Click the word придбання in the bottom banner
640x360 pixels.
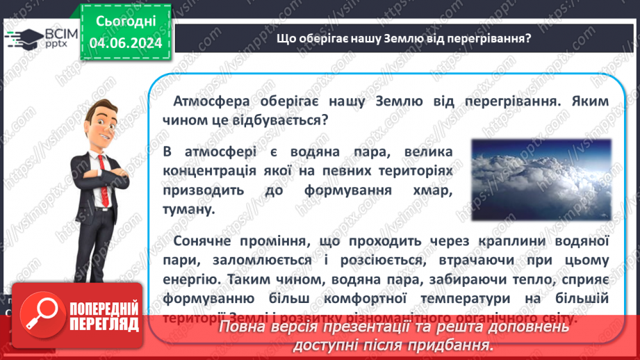click(457, 345)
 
